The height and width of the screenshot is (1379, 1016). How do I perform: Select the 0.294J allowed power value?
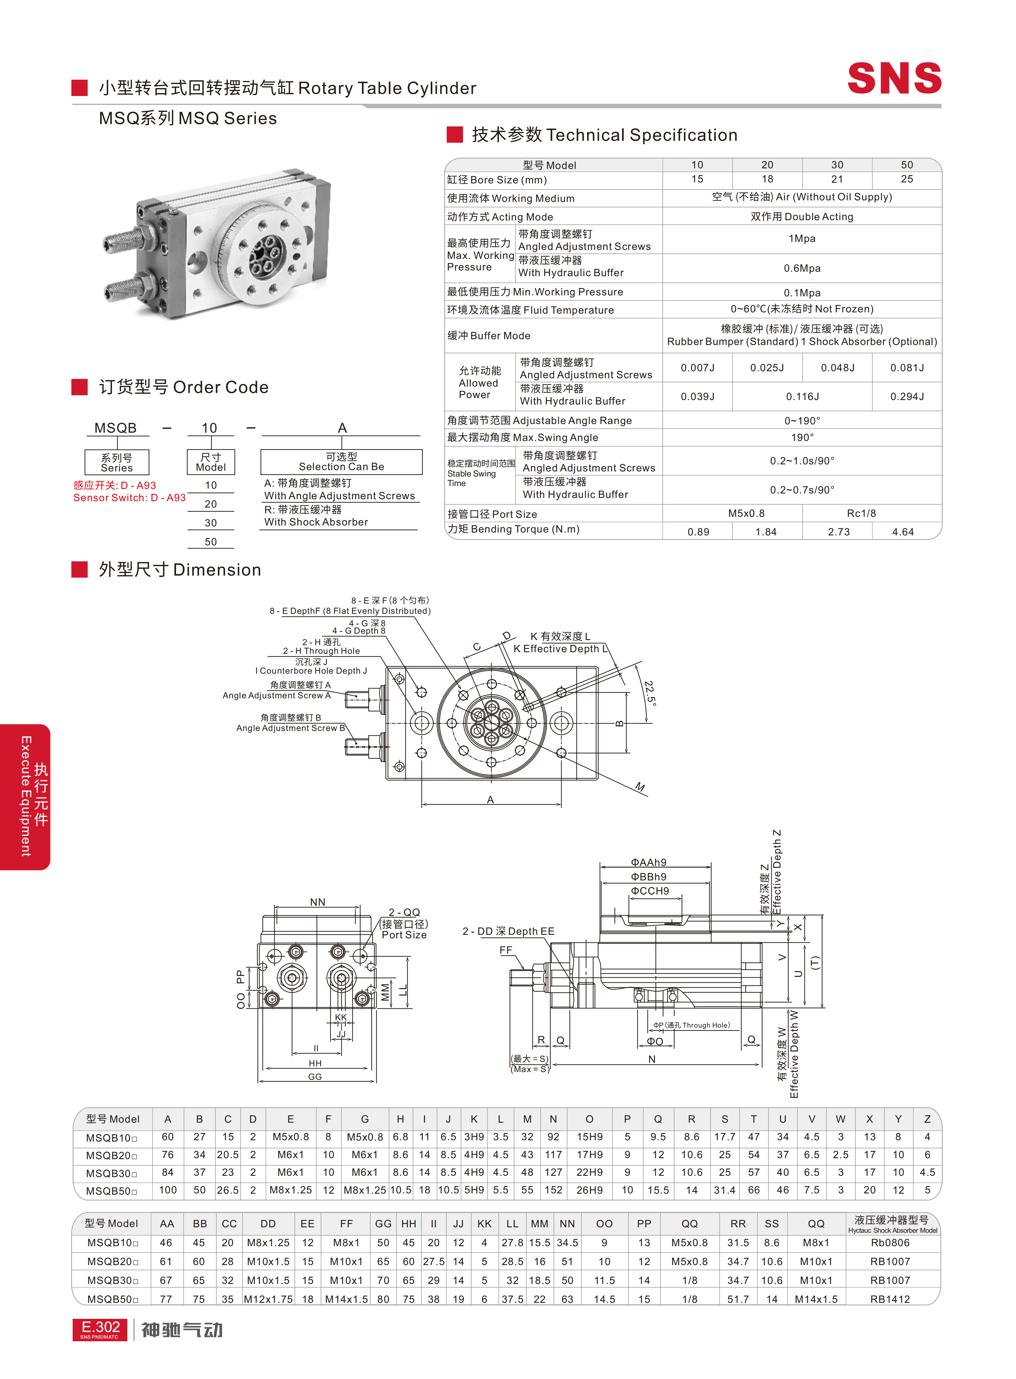(x=907, y=397)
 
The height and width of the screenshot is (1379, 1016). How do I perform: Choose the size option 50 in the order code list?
(x=210, y=541)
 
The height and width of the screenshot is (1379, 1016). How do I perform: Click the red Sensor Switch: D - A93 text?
(x=129, y=498)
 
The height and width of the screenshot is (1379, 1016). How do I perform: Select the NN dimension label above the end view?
(x=317, y=902)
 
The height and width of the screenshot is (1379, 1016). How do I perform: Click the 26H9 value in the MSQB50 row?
(x=588, y=1190)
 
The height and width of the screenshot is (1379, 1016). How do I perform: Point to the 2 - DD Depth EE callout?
(x=508, y=931)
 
